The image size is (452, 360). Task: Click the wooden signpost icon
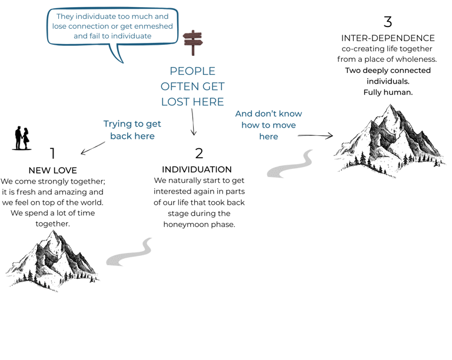pos(192,42)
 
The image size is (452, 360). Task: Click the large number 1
pos(52,154)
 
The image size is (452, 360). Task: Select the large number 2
pos(199,154)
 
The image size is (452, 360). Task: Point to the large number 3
pos(387,22)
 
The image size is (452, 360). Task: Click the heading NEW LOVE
pos(53,171)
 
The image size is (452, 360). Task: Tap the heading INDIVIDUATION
pos(197,170)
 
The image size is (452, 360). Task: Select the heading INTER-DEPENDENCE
pos(388,38)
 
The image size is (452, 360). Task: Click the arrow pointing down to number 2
pos(192,122)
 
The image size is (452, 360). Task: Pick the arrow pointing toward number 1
pos(94,147)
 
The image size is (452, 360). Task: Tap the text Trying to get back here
pos(132,129)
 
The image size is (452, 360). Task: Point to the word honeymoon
pos(186,224)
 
